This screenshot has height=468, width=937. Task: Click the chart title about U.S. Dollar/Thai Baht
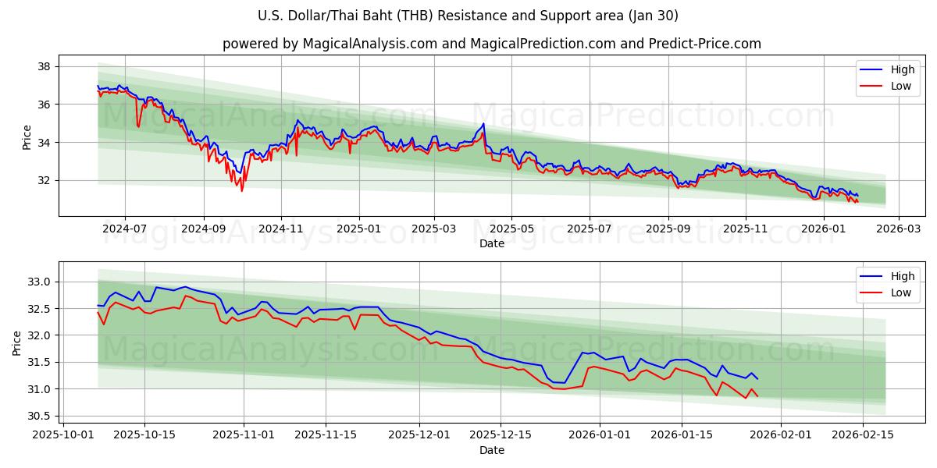click(468, 16)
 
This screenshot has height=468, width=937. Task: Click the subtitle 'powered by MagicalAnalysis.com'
click(492, 44)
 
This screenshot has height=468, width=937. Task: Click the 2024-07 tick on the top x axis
click(125, 229)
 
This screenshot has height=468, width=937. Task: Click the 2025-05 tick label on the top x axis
click(511, 229)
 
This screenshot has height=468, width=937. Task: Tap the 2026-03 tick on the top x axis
click(898, 229)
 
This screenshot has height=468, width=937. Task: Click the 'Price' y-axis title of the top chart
click(27, 136)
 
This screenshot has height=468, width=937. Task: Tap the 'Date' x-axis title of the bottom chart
click(492, 450)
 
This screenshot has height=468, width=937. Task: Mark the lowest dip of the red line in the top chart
click(241, 190)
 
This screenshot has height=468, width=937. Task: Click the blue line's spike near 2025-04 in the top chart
click(483, 123)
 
